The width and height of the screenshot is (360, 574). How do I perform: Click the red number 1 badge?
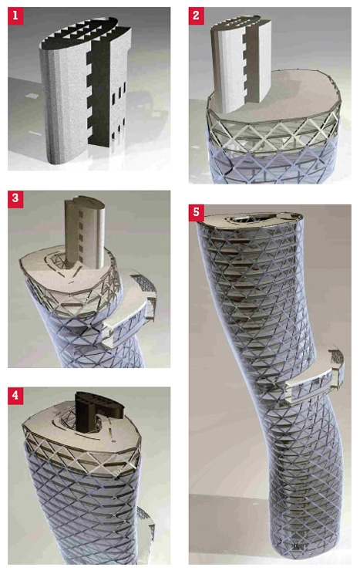click(x=15, y=15)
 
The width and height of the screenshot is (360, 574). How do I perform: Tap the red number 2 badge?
click(x=196, y=15)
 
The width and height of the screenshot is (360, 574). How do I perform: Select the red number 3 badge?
click(x=15, y=199)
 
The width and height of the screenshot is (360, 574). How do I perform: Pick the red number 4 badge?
click(x=15, y=396)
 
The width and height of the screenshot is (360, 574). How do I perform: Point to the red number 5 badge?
click(x=196, y=213)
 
